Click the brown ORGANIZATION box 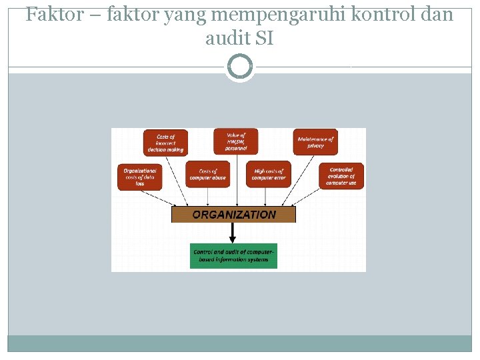pos(233,215)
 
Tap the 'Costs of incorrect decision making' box pos(165,143)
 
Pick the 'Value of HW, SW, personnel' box pos(235,141)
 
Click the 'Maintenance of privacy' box pos(315,141)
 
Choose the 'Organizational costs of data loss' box pos(139,176)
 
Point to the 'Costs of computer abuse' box pos(207,175)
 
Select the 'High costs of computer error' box pos(269,175)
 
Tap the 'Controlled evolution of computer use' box pos(341,176)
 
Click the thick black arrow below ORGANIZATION pos(233,232)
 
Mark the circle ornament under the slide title pos(240,67)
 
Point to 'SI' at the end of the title pos(265,39)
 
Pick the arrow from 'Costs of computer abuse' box pos(208,197)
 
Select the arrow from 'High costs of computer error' pos(267,197)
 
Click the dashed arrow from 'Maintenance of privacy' pos(300,180)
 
